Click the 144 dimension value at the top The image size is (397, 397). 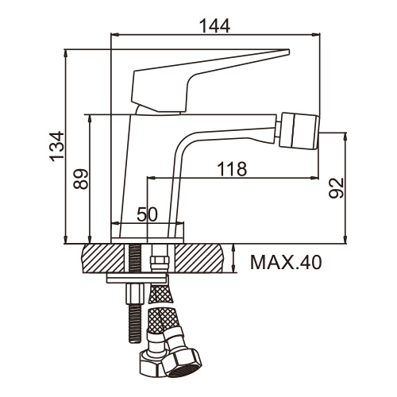pos(214,25)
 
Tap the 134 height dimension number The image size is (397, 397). pos(57,146)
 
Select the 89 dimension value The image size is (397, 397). pos(81,179)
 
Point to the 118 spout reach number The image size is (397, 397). pos(232,168)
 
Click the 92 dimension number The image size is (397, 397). pos(336,188)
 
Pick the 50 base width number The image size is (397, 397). pos(147,214)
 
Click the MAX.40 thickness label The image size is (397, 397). pos(286,262)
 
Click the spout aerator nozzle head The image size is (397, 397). pos(300,132)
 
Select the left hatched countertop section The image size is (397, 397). pos(102,258)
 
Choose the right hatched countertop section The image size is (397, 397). pos(199,258)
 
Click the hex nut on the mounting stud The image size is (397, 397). pos(133,294)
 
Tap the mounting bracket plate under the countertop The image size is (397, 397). pos(137,278)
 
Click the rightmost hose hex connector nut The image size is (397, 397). pos(182,362)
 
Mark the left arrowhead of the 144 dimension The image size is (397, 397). pos(114,34)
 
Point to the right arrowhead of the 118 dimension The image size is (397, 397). pos(314,178)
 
